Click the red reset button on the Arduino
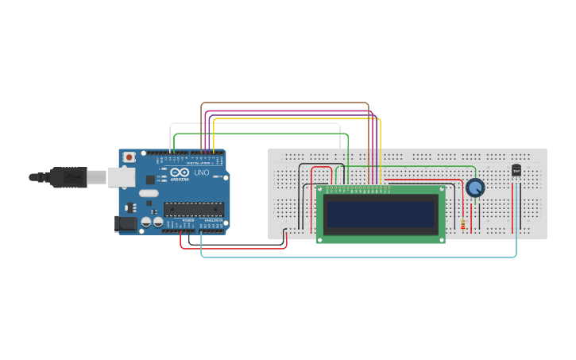tap(129, 157)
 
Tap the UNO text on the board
tap(202, 172)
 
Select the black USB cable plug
tap(68, 176)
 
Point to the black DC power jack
tap(125, 224)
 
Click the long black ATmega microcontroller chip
tap(193, 209)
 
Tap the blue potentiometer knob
tap(475, 188)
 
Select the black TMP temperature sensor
tap(516, 170)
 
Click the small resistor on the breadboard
tap(463, 225)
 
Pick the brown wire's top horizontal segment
tap(286, 103)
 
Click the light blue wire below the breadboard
tap(358, 257)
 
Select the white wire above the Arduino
tap(254, 123)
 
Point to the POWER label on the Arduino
tap(188, 220)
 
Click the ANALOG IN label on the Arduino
tap(212, 220)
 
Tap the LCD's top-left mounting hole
tap(321, 190)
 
